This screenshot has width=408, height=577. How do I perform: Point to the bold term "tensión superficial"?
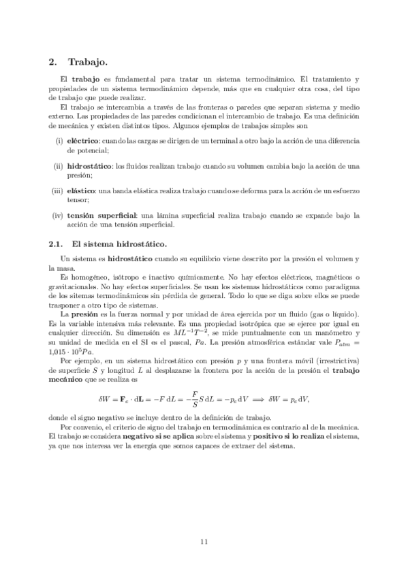point(100,215)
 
